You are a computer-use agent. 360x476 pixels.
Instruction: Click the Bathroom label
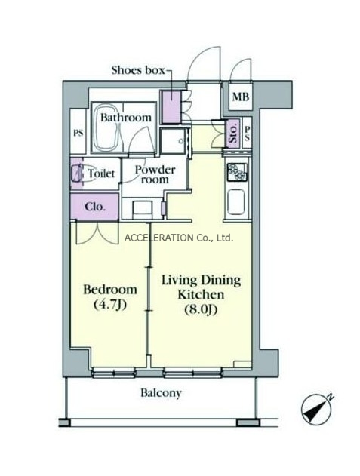126,118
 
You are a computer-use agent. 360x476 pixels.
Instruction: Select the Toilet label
101,174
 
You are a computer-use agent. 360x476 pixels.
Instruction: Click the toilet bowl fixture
76,174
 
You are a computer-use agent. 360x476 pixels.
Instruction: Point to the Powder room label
155,174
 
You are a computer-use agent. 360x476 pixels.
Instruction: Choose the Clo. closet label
95,207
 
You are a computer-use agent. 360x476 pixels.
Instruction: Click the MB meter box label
241,97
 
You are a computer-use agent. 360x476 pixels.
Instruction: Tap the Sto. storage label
233,134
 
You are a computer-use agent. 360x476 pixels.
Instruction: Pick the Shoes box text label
138,70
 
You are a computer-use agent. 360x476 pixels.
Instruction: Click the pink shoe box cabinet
171,107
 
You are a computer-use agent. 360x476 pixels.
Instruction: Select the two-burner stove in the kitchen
237,173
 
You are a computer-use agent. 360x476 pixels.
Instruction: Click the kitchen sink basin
236,202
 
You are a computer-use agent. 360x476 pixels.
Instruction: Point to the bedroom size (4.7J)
110,305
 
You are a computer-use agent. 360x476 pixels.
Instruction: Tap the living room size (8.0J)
201,309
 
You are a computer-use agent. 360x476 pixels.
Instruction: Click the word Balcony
161,393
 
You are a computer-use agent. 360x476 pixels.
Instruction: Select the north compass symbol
316,410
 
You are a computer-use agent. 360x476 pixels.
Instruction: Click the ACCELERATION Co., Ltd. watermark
179,238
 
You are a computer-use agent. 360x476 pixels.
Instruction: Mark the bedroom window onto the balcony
114,373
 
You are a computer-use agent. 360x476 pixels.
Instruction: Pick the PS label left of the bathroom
78,133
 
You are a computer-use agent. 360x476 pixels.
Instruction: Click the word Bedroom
110,290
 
